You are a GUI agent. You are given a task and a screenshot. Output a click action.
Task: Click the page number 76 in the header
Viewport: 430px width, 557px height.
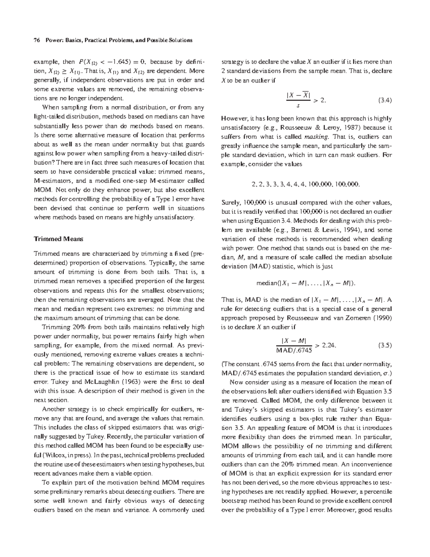(x=36, y=40)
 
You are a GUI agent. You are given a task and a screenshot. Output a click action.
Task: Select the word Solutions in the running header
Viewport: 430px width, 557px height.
(x=181, y=40)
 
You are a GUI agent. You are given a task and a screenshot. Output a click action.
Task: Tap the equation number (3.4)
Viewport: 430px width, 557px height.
(x=385, y=101)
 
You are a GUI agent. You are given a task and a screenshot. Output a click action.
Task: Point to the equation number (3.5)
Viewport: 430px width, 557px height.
(x=385, y=345)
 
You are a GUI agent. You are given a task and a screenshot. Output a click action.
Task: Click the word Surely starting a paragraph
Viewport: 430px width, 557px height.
(x=231, y=203)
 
